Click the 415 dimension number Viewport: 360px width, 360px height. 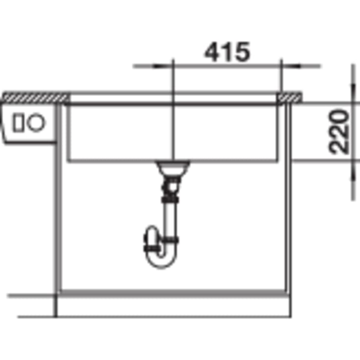(227, 52)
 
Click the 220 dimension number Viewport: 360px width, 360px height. (338, 132)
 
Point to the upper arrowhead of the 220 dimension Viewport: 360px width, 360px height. (353, 93)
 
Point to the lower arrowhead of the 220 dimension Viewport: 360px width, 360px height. (353, 170)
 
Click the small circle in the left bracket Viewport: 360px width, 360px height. (36, 122)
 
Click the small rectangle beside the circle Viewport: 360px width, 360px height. (19, 122)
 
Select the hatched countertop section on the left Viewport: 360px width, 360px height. (36, 97)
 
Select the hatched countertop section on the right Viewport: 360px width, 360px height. (290, 97)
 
